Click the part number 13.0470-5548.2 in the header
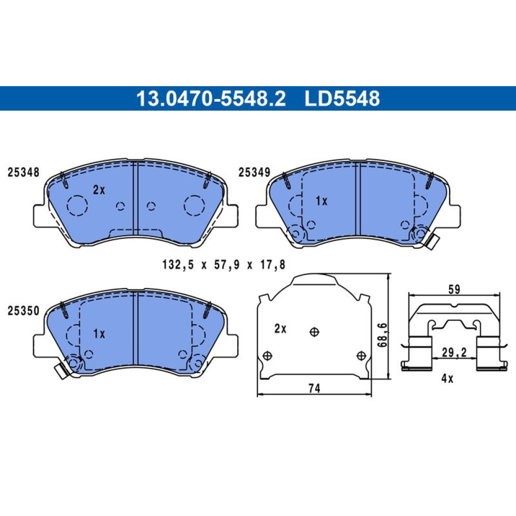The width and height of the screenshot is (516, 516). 211,99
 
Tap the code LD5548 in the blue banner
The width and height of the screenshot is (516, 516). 342,99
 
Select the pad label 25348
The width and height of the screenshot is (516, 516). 23,172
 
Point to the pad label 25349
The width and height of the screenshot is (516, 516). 254,172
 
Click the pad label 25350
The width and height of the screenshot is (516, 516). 23,311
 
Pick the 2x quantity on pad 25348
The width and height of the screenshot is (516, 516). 99,189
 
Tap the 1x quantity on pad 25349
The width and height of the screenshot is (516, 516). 321,201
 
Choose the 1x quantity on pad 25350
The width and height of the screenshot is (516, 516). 99,334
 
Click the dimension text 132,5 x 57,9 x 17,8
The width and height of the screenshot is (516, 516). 224,265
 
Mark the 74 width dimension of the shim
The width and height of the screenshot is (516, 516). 314,389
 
